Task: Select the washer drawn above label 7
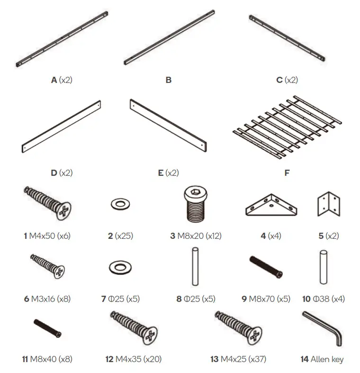[x=120, y=267]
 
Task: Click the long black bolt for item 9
[x=266, y=267]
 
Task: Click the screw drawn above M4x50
[x=47, y=203]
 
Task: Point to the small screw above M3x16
[x=48, y=265]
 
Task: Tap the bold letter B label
[x=169, y=80]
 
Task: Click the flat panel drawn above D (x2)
[x=62, y=127]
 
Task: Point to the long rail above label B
[x=169, y=36]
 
